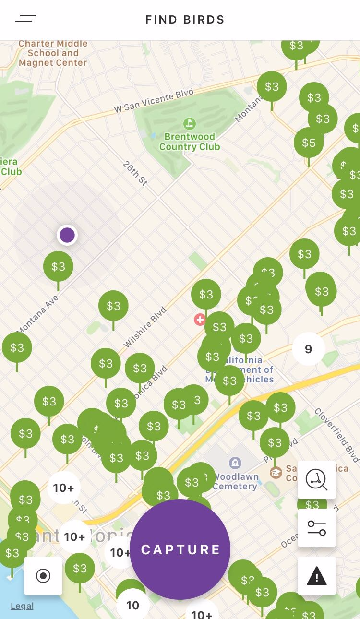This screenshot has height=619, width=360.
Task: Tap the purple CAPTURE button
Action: [180, 549]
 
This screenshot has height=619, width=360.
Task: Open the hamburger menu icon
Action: [26, 19]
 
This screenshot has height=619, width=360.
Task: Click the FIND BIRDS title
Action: [185, 20]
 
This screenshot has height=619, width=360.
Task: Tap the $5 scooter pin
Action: [309, 143]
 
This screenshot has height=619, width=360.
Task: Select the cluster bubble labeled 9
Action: [308, 349]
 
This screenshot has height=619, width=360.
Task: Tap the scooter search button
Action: [317, 479]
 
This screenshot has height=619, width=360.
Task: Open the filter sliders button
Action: [317, 528]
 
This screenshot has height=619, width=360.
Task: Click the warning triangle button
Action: [317, 576]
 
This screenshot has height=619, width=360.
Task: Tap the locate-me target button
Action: [43, 575]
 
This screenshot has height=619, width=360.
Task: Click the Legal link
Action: [22, 606]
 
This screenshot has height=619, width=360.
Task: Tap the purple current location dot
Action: [67, 235]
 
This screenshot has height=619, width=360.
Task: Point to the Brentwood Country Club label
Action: [190, 142]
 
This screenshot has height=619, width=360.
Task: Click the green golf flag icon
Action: [190, 123]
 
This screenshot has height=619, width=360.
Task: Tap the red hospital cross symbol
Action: [200, 319]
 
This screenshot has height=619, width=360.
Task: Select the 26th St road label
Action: [135, 174]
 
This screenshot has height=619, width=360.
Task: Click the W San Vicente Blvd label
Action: [154, 101]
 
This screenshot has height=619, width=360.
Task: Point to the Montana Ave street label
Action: [37, 314]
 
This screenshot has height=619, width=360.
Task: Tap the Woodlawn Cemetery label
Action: [236, 481]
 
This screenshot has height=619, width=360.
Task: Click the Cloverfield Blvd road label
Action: [337, 435]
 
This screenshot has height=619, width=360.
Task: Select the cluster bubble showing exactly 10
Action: [132, 605]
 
